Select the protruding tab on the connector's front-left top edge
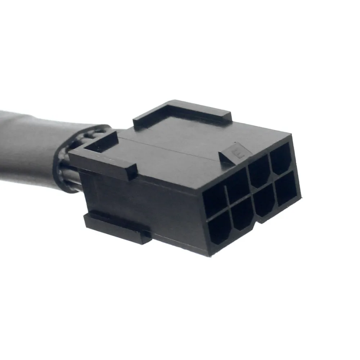point(104,158)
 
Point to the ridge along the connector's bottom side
point(117,227)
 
